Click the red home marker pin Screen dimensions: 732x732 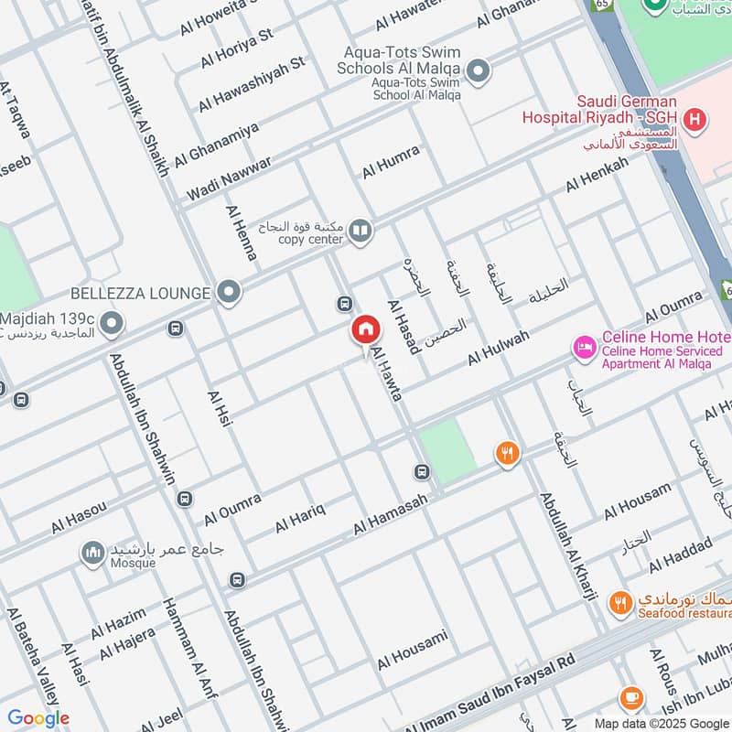[365, 330]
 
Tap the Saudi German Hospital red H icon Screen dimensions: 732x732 [695, 119]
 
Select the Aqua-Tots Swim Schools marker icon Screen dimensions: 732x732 [476, 70]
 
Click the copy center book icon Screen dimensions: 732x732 [361, 231]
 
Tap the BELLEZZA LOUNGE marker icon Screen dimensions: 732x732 [230, 293]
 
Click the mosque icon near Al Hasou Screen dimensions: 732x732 [91, 553]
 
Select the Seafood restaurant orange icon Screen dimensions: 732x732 [621, 603]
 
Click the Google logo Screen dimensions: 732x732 [38, 718]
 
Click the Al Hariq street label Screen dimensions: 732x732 [300, 517]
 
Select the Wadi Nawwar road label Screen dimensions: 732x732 [229, 179]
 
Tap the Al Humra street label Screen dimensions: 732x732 [391, 162]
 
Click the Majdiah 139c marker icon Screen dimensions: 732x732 [112, 323]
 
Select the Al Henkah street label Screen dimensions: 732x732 [597, 174]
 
